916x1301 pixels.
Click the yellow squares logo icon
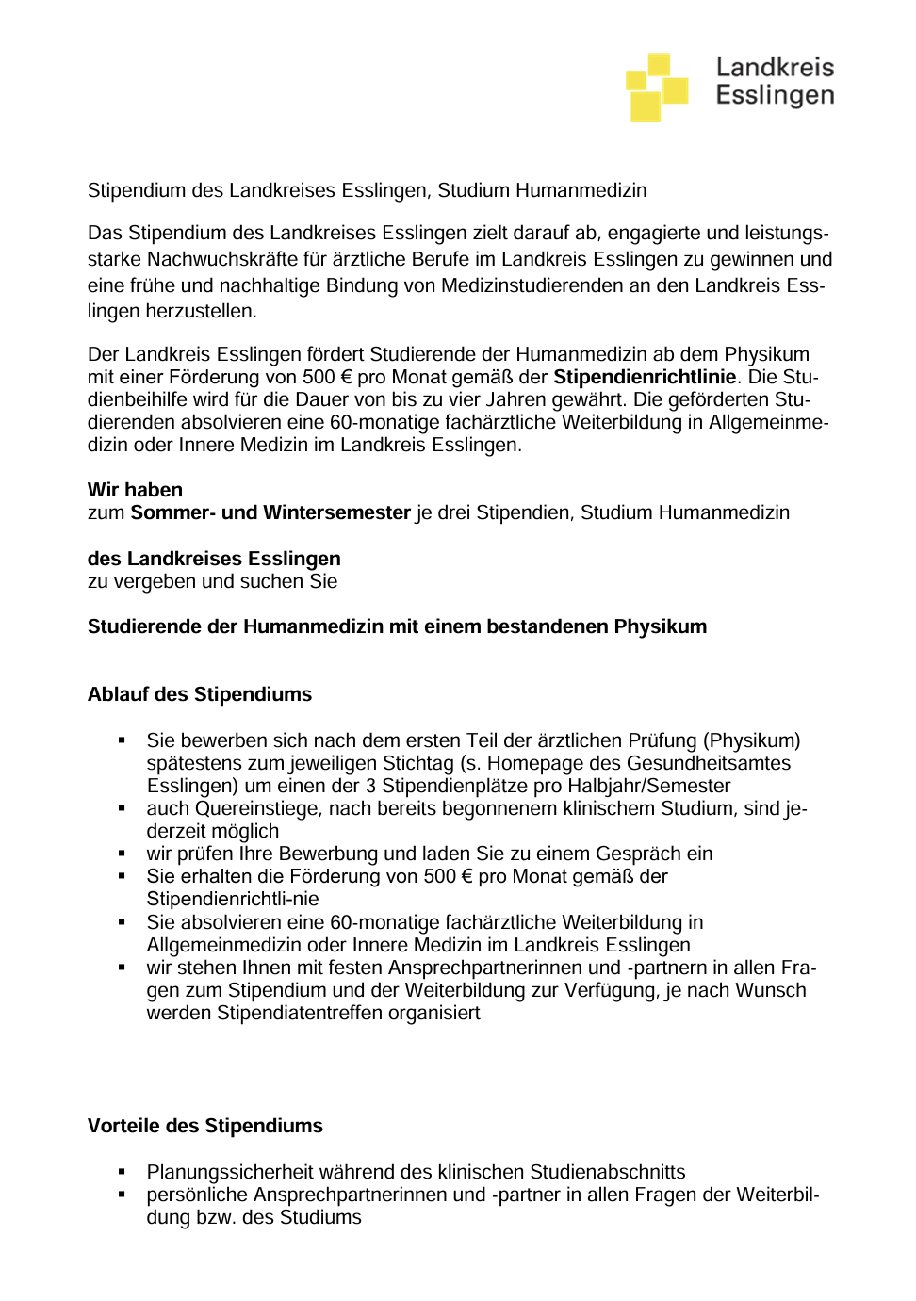[657, 87]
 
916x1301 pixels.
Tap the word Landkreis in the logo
[775, 67]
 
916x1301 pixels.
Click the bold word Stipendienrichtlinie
[645, 377]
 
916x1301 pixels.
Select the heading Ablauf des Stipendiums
[200, 694]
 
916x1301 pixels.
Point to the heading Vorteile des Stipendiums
[205, 1126]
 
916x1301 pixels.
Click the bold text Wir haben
[135, 490]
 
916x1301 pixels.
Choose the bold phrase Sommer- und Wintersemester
[270, 512]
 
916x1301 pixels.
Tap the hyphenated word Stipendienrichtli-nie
[233, 899]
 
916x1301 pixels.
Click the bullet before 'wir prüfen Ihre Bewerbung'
[122, 854]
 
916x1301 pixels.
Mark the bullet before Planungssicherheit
[122, 1172]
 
